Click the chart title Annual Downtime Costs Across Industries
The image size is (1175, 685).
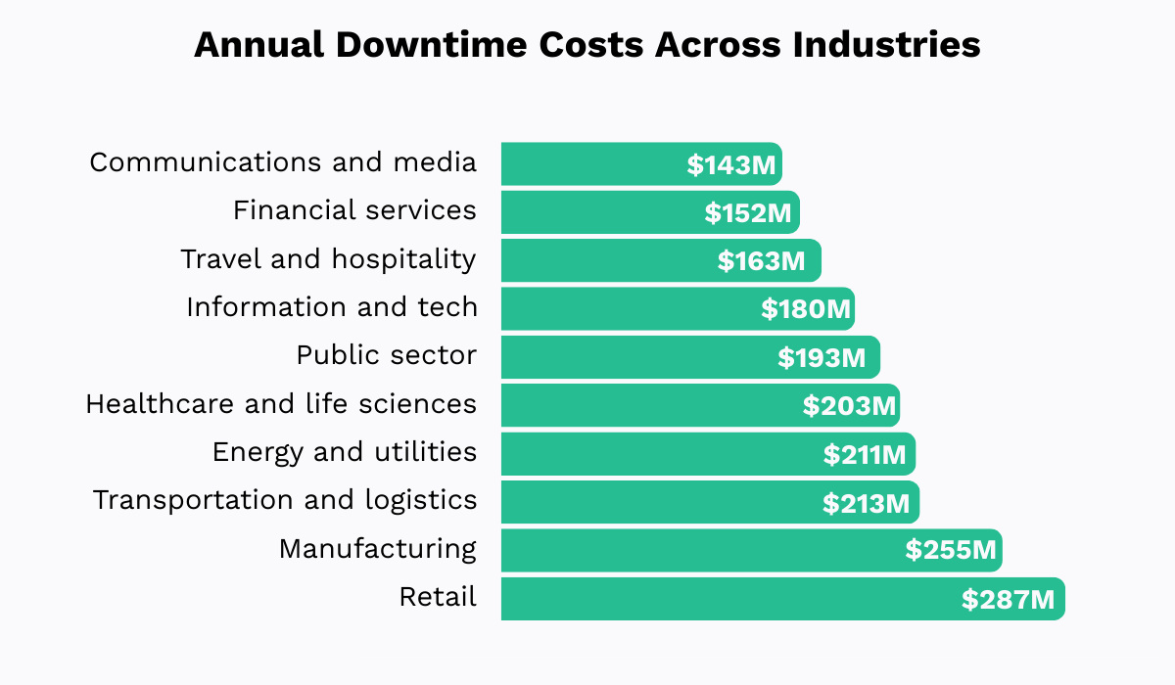(587, 45)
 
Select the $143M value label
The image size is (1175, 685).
(730, 165)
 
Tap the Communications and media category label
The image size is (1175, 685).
(283, 162)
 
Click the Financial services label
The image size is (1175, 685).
(354, 210)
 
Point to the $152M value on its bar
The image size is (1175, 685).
(748, 213)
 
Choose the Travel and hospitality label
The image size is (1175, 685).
(328, 259)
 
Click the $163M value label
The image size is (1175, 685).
(761, 261)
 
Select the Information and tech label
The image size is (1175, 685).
(332, 307)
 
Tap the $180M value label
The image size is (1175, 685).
(805, 310)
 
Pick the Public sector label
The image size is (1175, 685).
(387, 355)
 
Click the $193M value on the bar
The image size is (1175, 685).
(822, 358)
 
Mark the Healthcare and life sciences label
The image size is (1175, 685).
(281, 403)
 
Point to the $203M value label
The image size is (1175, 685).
(848, 406)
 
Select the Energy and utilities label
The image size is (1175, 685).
(345, 452)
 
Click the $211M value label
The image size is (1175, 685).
(867, 455)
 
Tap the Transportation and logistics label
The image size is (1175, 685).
(285, 500)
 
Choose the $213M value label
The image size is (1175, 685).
(867, 503)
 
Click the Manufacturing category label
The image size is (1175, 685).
(378, 549)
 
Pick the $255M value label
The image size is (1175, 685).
(950, 551)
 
